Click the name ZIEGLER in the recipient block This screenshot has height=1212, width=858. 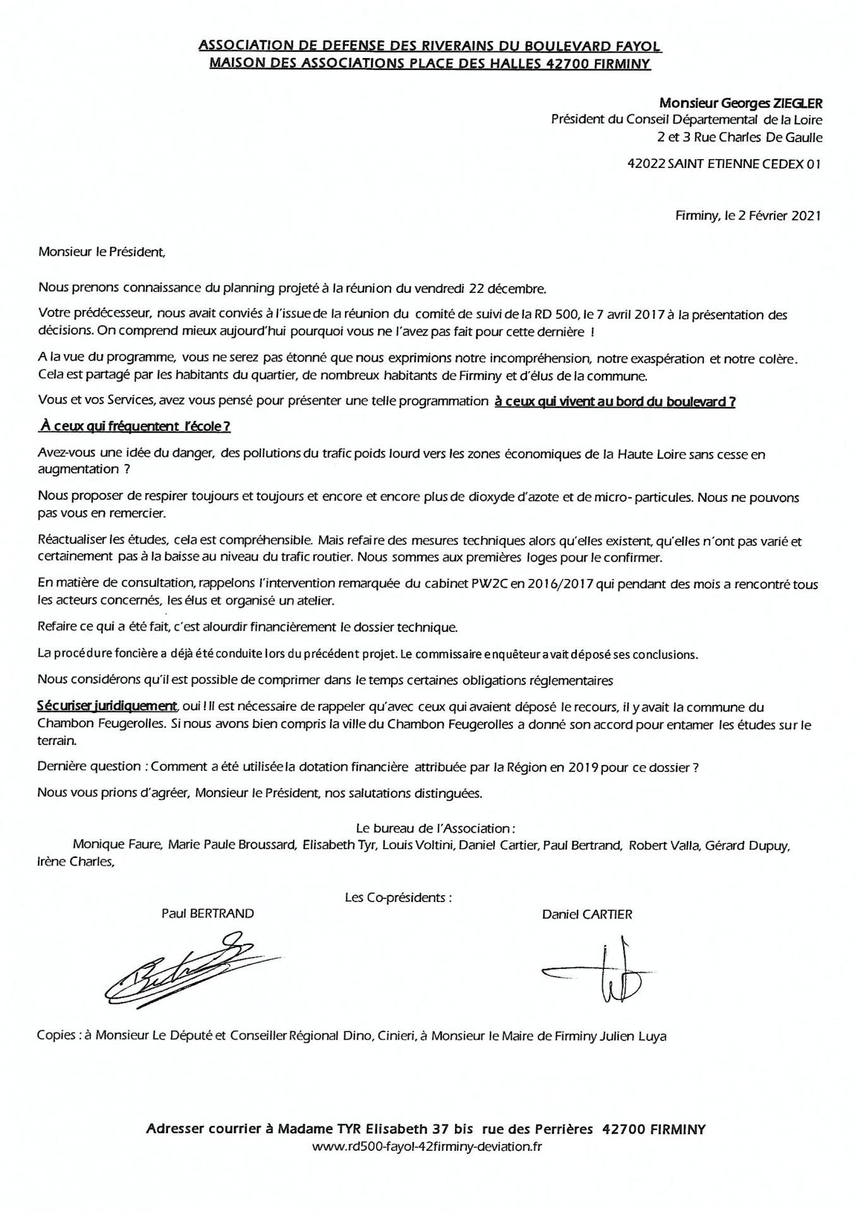(x=797, y=102)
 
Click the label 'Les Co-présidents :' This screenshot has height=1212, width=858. (x=398, y=897)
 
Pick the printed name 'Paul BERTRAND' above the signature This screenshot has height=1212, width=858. (x=207, y=913)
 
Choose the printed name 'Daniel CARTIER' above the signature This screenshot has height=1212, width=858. (x=586, y=914)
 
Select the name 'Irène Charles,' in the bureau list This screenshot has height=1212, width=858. (x=76, y=861)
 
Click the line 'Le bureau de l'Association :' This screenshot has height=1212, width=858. (x=436, y=828)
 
